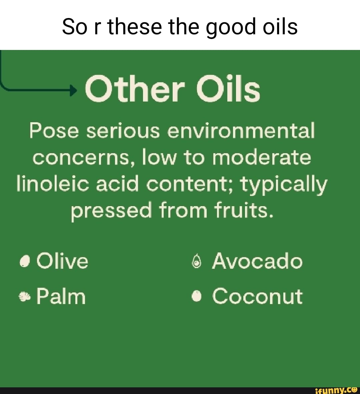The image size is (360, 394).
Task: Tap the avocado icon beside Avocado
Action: [x=198, y=262]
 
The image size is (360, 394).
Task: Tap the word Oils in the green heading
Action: [x=228, y=89]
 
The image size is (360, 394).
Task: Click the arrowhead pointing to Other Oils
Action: [x=74, y=90]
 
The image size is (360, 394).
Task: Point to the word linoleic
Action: [x=54, y=184]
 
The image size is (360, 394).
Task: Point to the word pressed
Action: [x=111, y=211]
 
